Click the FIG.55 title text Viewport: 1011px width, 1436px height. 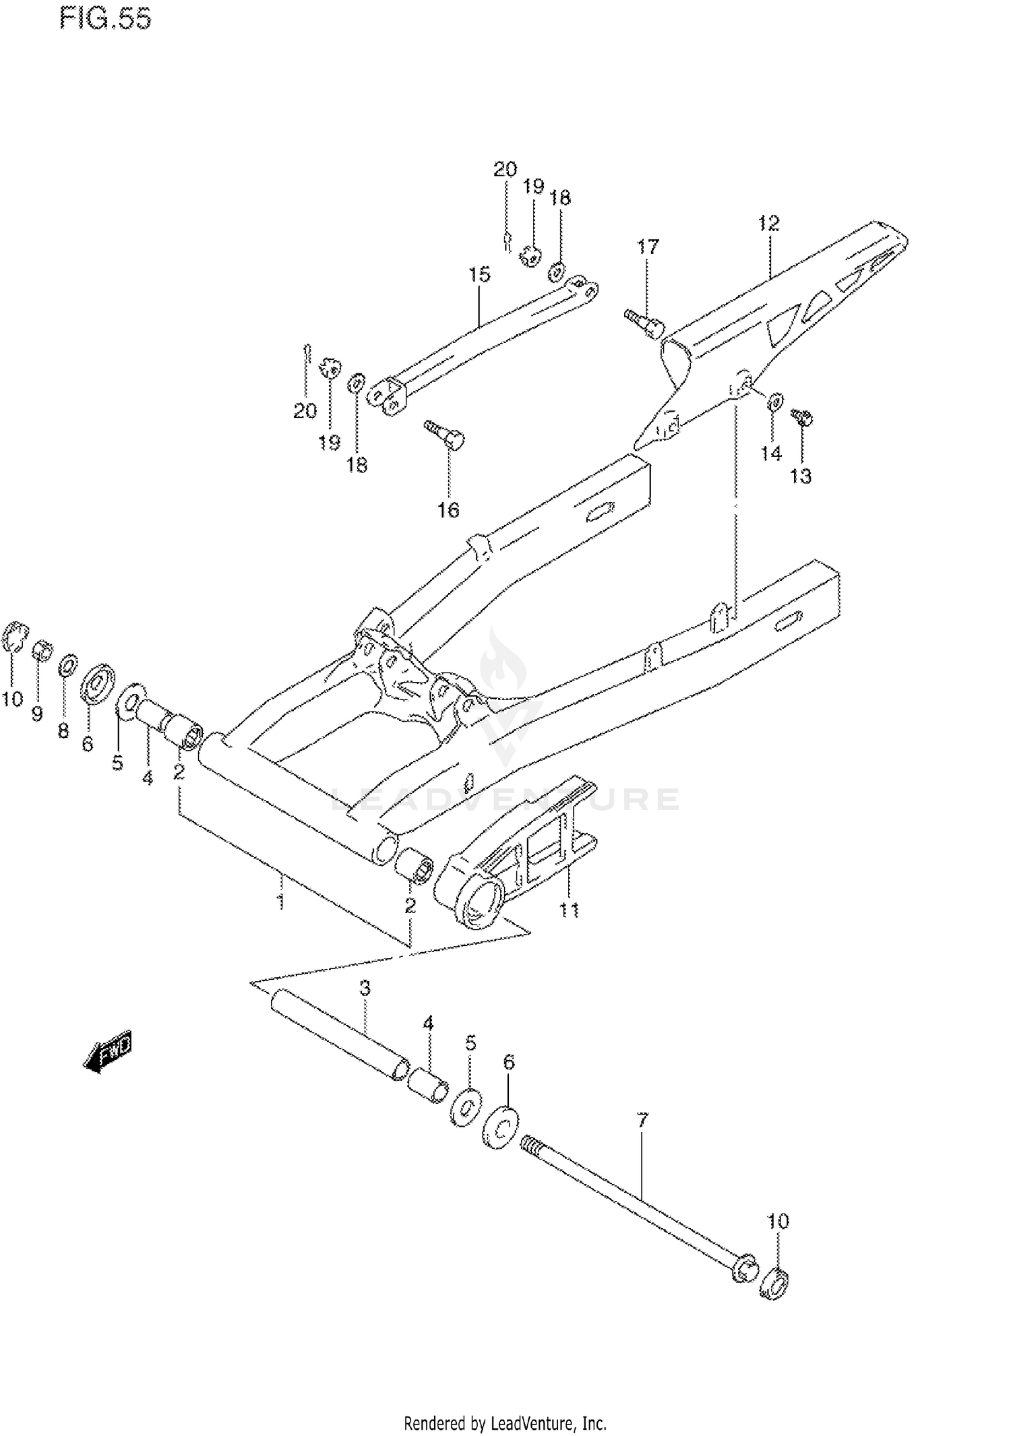(106, 19)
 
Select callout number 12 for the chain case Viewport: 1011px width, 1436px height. (768, 224)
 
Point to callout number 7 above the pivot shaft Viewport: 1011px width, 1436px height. (642, 1121)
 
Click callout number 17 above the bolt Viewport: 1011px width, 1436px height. (648, 247)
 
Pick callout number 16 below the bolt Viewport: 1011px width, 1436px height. (448, 510)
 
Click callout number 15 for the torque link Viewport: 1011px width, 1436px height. (480, 275)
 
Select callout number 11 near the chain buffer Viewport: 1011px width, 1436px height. (570, 910)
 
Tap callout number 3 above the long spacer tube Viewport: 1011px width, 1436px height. (365, 989)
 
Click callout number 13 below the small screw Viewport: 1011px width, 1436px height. (801, 476)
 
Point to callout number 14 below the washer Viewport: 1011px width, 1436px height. (771, 454)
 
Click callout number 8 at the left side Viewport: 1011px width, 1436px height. (63, 731)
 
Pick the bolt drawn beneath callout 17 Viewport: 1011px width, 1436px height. (645, 323)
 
